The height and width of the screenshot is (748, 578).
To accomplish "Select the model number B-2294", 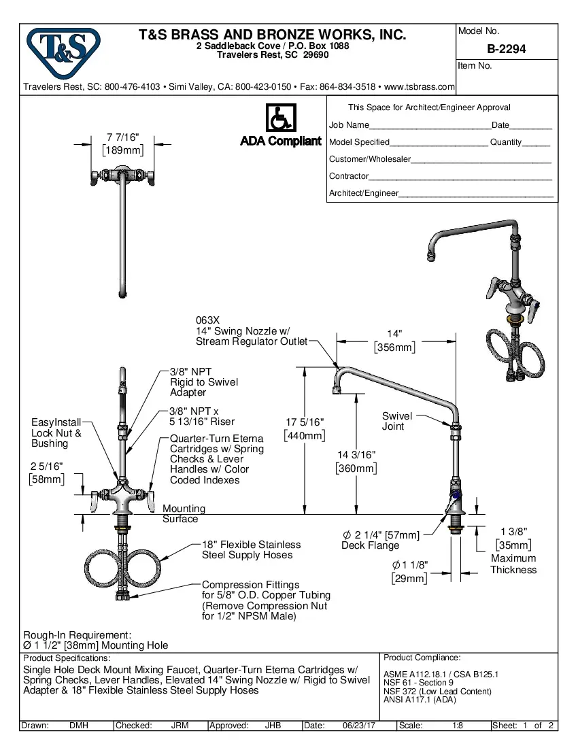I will tap(506, 50).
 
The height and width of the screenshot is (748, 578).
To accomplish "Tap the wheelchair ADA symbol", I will tap(280, 118).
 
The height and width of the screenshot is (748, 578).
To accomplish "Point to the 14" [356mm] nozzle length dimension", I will tap(394, 341).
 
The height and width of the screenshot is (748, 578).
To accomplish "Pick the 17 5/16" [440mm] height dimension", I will tap(304, 429).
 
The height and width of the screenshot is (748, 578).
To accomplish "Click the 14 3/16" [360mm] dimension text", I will tap(356, 461).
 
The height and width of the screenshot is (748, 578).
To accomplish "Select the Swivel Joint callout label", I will tap(396, 421).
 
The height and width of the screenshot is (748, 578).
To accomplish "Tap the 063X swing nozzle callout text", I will tap(251, 330).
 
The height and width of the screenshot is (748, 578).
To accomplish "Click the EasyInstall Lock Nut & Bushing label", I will tap(56, 432).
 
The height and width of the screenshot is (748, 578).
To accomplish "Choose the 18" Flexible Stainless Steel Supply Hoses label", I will tap(251, 549).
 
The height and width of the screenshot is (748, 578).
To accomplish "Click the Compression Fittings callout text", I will tap(265, 600).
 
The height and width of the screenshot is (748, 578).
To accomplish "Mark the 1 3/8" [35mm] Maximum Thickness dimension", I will tap(513, 551).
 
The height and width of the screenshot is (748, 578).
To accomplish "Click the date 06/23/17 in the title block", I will tap(358, 726).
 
